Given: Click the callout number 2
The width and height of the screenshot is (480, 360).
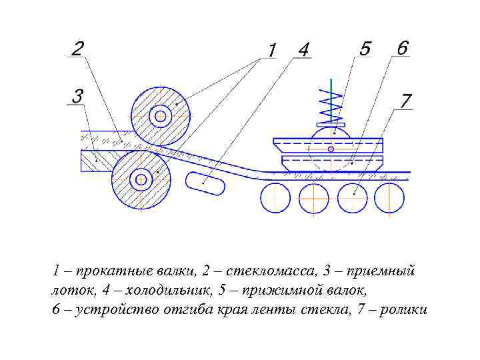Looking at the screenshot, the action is click(77, 49).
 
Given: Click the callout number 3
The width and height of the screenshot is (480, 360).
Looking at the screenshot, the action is click(77, 97).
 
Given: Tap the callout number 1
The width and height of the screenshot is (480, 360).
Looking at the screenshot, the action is click(272, 50).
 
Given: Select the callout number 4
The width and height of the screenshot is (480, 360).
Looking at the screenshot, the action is click(303, 50).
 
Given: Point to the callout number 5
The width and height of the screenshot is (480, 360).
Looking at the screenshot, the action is click(365, 49).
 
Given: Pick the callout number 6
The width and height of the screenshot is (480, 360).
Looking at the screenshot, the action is click(402, 48).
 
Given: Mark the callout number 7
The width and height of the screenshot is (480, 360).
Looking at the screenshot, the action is click(406, 101).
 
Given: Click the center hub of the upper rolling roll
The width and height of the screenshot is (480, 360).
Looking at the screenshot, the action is click(160, 117).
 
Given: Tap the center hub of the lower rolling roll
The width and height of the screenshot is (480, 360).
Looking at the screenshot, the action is click(141, 179).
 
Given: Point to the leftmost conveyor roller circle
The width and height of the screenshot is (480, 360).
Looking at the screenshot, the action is click(275, 197).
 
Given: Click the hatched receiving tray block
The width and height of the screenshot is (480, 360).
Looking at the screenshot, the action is click(96, 160).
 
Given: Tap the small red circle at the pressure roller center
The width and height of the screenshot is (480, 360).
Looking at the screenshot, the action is click(331, 149).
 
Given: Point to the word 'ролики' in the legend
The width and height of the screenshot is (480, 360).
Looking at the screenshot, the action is click(404, 310).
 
